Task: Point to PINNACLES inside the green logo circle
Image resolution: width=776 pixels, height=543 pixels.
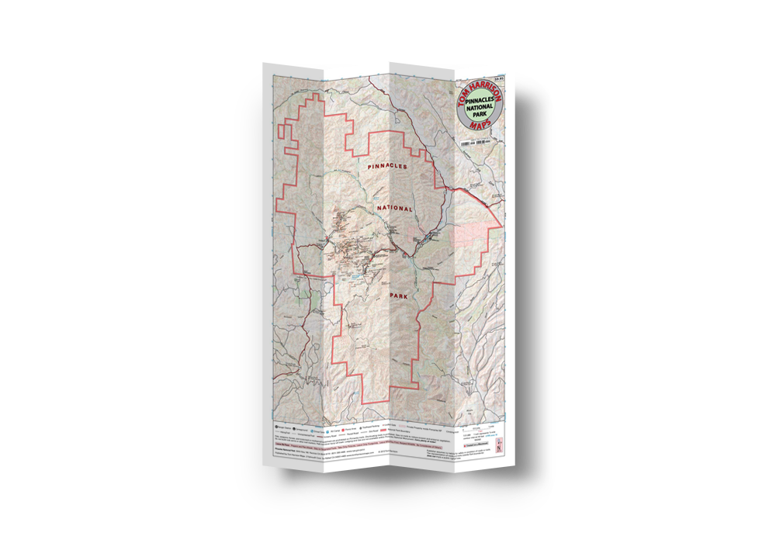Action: (x=481, y=102)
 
